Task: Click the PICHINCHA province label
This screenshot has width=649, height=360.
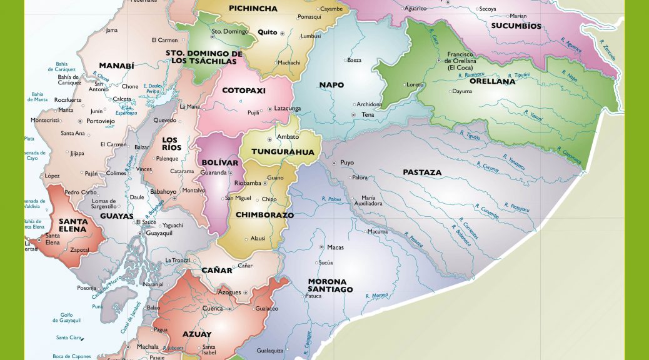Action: [253, 9]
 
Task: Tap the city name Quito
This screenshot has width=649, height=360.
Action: [267, 32]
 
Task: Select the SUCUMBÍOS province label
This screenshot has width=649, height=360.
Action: [516, 26]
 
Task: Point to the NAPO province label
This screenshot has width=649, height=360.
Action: [331, 85]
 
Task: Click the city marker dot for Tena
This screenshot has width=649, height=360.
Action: [354, 115]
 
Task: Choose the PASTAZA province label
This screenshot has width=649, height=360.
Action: [422, 172]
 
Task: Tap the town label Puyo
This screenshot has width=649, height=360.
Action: [347, 162]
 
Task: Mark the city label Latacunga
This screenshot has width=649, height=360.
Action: [288, 109]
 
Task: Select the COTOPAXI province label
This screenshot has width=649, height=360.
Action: [244, 91]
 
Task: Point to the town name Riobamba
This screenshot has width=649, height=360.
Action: [247, 183]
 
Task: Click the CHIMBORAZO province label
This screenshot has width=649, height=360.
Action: [264, 215]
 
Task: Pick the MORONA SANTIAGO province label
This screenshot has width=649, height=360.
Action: [330, 286]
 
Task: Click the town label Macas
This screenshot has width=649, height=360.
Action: [335, 247]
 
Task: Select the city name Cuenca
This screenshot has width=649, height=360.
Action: [213, 309]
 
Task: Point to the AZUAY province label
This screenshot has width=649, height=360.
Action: [196, 334]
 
